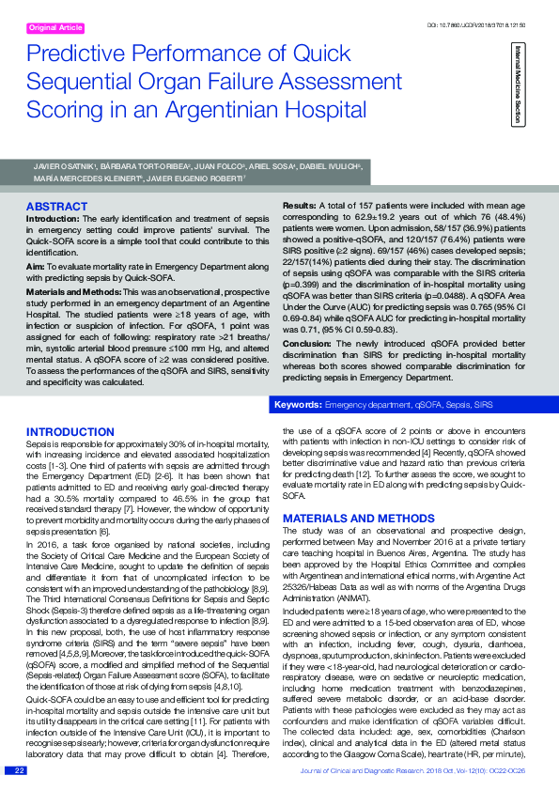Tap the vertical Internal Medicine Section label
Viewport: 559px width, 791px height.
coord(516,84)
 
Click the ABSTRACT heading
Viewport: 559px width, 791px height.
coord(57,206)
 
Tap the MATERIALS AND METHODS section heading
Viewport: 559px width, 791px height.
coord(346,518)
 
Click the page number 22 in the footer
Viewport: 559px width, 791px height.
coord(18,770)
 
